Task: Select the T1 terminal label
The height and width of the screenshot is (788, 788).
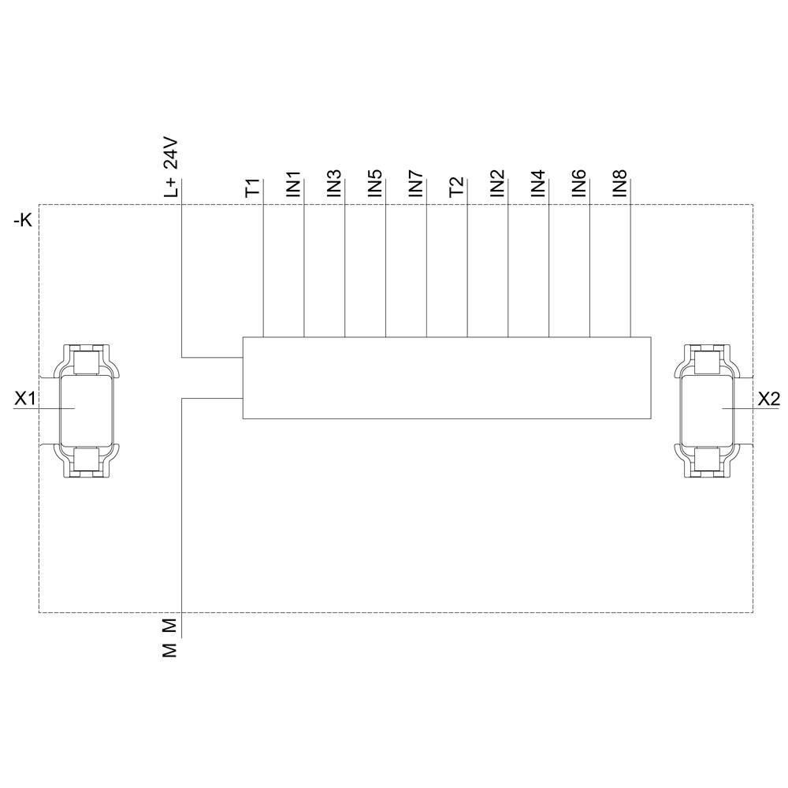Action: (252, 188)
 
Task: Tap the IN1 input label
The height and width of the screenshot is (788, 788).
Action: (293, 183)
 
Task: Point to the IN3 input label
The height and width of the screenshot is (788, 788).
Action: (334, 183)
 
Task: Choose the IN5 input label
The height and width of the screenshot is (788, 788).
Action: (375, 183)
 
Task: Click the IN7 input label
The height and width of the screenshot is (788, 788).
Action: (416, 183)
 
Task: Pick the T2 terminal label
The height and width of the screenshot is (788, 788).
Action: (457, 188)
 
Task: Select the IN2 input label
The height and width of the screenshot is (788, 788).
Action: (498, 183)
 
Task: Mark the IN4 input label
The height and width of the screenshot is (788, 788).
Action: (539, 183)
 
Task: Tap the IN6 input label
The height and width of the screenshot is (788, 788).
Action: (580, 183)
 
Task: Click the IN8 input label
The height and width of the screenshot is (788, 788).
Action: (621, 183)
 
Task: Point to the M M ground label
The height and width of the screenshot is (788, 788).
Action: (171, 637)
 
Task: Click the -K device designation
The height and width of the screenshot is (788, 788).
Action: (23, 221)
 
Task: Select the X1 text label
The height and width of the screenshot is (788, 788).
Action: (25, 400)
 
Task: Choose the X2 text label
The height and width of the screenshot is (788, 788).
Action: (768, 400)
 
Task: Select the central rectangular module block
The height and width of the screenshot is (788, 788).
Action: (447, 378)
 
